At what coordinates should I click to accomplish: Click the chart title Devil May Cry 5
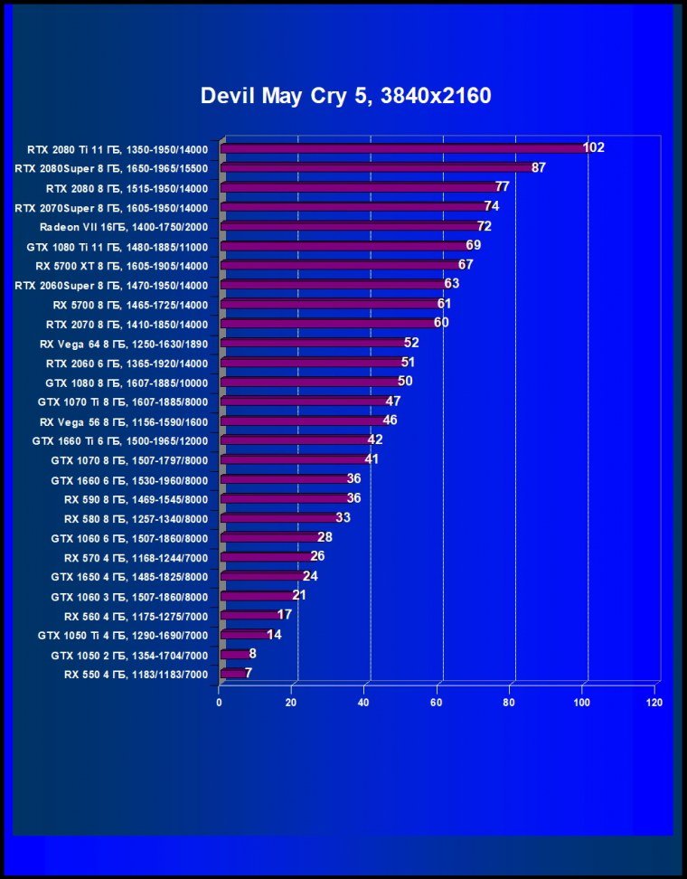coord(345,96)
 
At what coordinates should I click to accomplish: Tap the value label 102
coord(594,147)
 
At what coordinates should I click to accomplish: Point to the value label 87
coord(539,167)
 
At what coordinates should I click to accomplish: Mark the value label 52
coord(411,342)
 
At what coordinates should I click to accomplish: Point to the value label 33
coord(343,517)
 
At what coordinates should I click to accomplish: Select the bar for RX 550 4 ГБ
coord(232,674)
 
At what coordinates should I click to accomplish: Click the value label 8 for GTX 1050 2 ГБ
coord(252,653)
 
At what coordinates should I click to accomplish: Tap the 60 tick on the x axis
coord(437,702)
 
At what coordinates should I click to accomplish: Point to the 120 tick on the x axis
coord(654,702)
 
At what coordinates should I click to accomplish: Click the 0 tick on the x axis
coord(219,702)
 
